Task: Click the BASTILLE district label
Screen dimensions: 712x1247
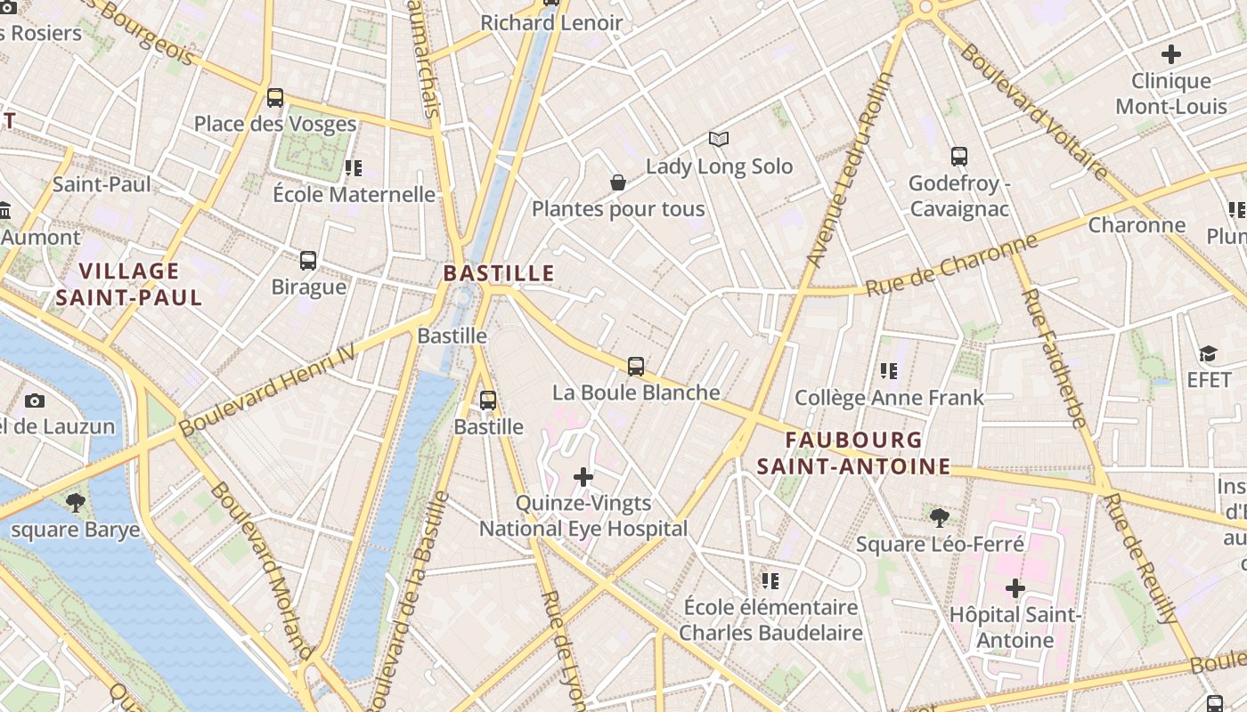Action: point(499,273)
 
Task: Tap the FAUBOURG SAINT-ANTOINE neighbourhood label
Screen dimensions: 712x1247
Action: point(853,453)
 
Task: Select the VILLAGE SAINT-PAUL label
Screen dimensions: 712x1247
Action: point(129,284)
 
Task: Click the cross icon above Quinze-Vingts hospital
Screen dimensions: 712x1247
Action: point(583,477)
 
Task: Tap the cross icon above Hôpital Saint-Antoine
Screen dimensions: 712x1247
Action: point(1015,588)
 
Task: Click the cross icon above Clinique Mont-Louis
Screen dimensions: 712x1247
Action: point(1170,54)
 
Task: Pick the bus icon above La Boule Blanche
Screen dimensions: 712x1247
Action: point(636,366)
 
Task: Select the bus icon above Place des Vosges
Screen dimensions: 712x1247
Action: point(275,98)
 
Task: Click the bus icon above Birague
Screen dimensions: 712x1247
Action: point(308,261)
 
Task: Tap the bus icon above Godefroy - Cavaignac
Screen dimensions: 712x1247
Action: point(959,157)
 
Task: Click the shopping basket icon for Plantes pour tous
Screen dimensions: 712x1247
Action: point(617,182)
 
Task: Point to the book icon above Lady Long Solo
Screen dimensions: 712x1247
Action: point(719,139)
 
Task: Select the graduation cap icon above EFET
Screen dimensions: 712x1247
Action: point(1208,354)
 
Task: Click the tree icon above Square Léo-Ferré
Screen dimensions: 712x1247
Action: point(939,517)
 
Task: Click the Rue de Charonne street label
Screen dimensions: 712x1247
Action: point(951,265)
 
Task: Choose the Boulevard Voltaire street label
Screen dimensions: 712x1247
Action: point(1033,111)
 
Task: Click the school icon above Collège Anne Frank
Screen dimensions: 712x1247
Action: point(888,371)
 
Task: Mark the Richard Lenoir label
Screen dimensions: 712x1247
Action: point(551,23)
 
